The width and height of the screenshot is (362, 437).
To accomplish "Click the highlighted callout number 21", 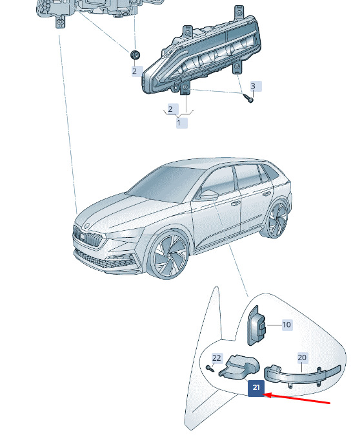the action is (x=256, y=388).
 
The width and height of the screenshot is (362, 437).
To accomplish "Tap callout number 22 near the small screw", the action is (x=216, y=358).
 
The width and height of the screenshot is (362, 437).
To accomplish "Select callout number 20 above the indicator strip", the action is (x=302, y=357).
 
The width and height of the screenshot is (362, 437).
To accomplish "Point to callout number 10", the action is (x=287, y=325).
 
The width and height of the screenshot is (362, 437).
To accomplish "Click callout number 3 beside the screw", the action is (x=253, y=86).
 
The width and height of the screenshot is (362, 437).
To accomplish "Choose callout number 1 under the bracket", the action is (x=179, y=123).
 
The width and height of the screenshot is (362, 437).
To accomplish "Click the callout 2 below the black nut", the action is (x=135, y=71).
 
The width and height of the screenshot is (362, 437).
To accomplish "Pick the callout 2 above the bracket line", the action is (x=170, y=109).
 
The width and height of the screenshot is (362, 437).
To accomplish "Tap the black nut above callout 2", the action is (x=136, y=54).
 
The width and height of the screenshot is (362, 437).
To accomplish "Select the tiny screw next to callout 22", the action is (x=210, y=368).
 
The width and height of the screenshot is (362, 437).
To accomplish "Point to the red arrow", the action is (x=297, y=399).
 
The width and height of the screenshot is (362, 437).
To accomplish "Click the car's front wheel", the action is (x=170, y=255).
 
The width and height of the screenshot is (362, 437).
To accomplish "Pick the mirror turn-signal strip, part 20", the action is (x=302, y=375).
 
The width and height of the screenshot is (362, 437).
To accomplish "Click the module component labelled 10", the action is (x=257, y=326).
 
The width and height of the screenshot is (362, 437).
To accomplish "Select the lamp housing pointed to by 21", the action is (x=239, y=367).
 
